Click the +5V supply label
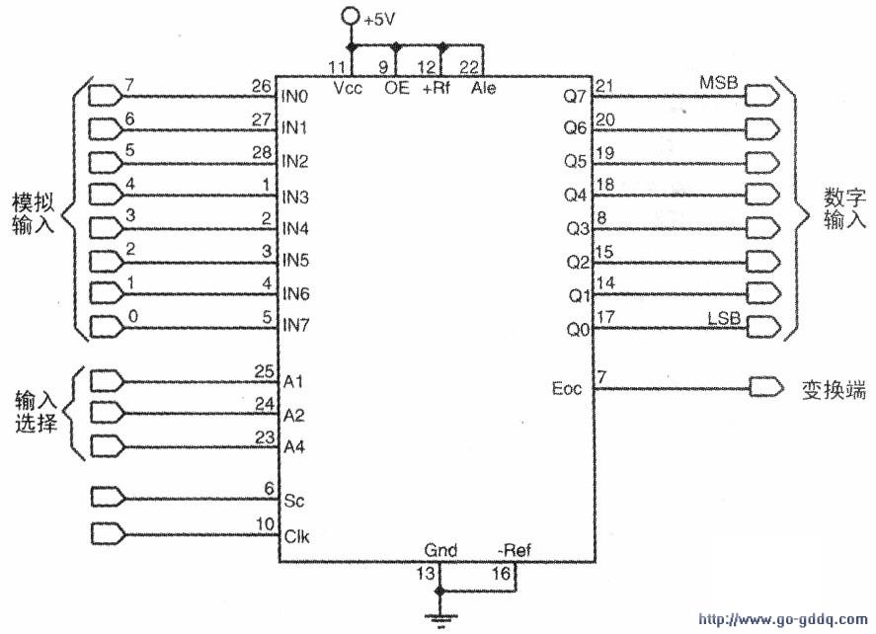tap(379, 20)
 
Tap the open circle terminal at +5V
tap(351, 16)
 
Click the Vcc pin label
tap(348, 88)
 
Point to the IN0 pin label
tap(294, 97)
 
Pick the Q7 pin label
tap(575, 96)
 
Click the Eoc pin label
tap(567, 388)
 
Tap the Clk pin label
tap(296, 537)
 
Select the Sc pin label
tap(294, 501)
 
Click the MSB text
tap(718, 83)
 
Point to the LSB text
tap(724, 319)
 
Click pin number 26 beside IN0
tap(262, 87)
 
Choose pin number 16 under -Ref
tap(501, 573)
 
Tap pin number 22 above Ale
tap(469, 67)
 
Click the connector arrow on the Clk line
tap(108, 533)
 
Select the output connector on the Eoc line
tap(766, 388)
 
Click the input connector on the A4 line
tap(107, 446)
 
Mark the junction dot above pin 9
tap(396, 46)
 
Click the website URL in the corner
tap(783, 619)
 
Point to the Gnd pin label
tap(440, 550)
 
